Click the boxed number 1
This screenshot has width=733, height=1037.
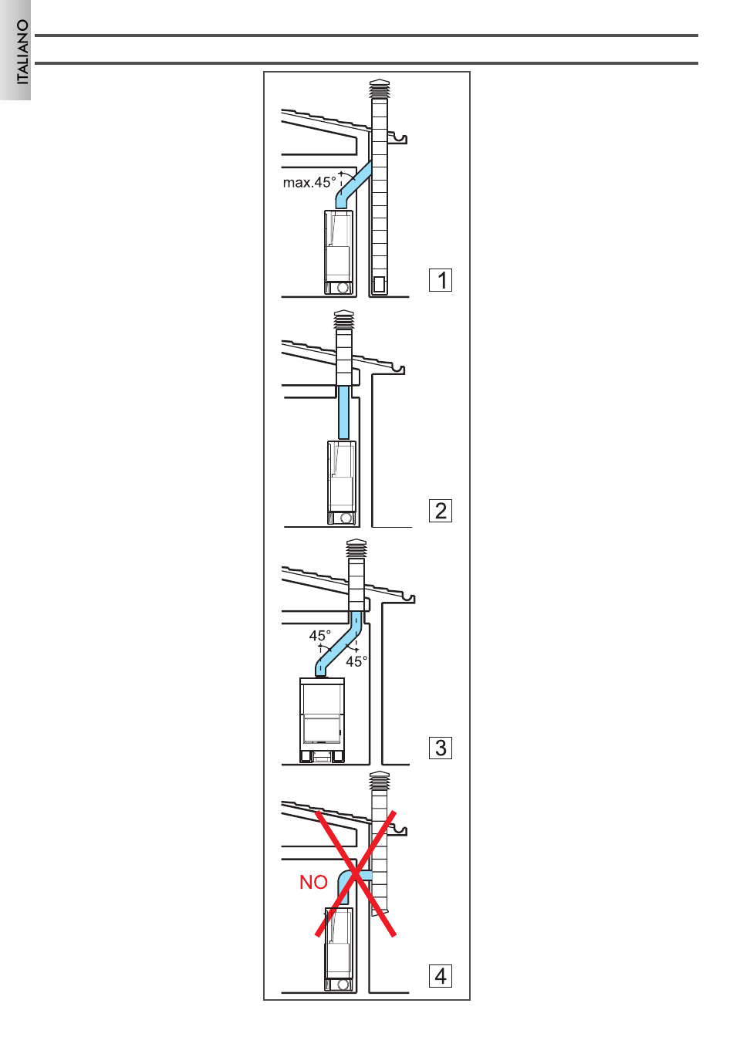(x=441, y=279)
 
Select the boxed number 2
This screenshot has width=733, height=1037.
(x=441, y=511)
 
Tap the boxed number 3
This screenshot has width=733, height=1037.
(x=441, y=748)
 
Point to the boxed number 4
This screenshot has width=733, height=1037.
(x=441, y=976)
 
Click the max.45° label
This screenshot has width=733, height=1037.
(x=309, y=183)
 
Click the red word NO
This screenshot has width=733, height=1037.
(x=313, y=882)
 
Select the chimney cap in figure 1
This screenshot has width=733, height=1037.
(x=380, y=90)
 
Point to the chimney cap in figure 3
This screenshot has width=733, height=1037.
(x=356, y=549)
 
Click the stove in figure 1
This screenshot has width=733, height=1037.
(x=339, y=252)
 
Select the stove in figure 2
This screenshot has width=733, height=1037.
(x=342, y=482)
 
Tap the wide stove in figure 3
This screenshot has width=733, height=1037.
(x=323, y=721)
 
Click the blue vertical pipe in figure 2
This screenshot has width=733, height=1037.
(x=344, y=412)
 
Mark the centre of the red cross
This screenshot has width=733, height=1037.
(x=356, y=873)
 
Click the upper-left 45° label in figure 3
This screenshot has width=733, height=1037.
(x=319, y=636)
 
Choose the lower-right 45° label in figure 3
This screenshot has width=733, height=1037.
(x=356, y=661)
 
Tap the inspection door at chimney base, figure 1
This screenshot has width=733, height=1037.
(x=379, y=285)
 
